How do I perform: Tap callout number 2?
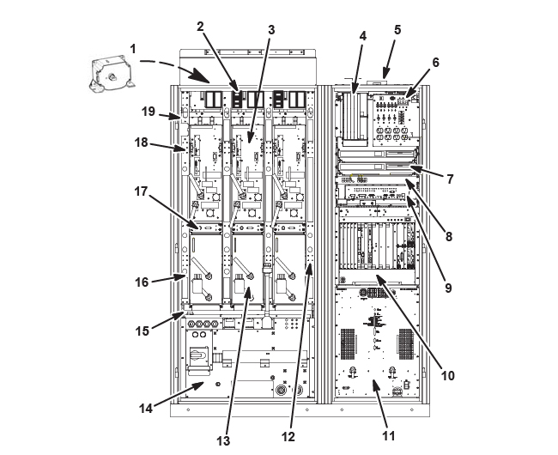(200, 26)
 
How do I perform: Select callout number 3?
(270, 29)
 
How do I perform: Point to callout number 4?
(363, 37)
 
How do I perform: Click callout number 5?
(397, 29)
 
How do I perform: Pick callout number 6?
(435, 62)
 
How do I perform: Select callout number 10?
(447, 375)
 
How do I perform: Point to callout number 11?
(388, 435)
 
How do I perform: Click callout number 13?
(224, 440)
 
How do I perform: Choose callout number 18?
(142, 143)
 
